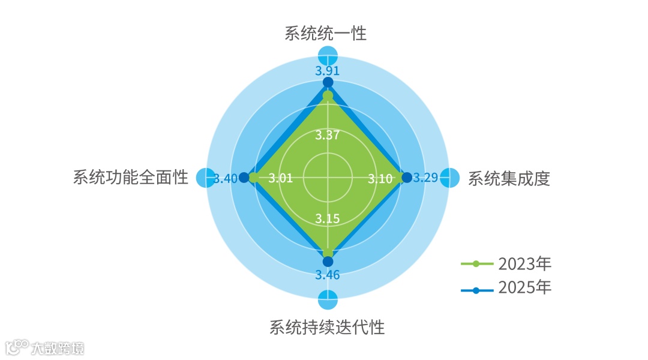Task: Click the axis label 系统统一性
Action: coord(326,33)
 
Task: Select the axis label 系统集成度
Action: coord(509,179)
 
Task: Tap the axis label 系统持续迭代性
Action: coord(327,328)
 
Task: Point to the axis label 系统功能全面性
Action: coord(131,178)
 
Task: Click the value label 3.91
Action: coord(328,70)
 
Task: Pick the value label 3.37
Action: coord(328,135)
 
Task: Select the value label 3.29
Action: coord(426,178)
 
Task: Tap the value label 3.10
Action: coord(380,178)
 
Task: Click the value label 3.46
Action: coord(328,275)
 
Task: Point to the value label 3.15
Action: coord(328,218)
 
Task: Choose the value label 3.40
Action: coord(226,178)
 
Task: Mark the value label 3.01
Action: coord(280,178)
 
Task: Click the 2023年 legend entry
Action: coord(506,263)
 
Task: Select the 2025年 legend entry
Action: coord(506,288)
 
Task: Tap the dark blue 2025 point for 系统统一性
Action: coord(328,82)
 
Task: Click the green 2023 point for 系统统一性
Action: coord(328,95)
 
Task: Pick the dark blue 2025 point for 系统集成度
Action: coord(407,178)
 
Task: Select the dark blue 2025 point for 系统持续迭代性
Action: coord(328,261)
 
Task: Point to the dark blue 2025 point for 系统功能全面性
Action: coord(244,178)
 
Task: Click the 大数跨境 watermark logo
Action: coord(44,347)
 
